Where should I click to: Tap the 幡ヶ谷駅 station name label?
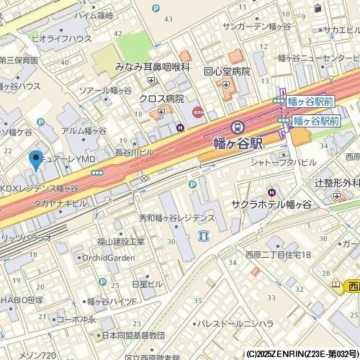240,143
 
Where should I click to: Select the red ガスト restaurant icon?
197,112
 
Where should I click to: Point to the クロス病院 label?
161,99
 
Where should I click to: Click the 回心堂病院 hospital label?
227,72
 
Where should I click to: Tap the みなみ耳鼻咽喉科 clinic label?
152,66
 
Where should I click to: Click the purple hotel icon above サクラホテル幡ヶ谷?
271,192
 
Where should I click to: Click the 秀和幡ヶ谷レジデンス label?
177,217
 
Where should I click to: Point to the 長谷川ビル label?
135,153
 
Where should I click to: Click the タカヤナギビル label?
60,204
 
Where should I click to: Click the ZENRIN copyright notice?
302,354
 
